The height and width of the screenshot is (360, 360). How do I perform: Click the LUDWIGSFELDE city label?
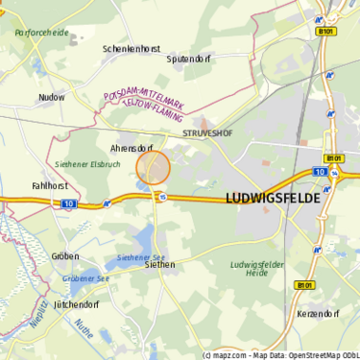(x=273, y=198)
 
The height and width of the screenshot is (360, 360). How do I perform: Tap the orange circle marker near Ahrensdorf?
(x=154, y=168)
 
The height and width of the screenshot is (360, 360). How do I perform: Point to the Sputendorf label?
(x=187, y=59)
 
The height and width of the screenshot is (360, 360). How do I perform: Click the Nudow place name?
(x=51, y=97)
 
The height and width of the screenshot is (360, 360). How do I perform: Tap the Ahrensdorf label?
(x=132, y=149)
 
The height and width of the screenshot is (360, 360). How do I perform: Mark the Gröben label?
(x=65, y=256)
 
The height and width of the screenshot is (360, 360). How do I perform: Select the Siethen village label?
(x=158, y=265)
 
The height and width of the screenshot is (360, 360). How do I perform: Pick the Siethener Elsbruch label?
(x=85, y=164)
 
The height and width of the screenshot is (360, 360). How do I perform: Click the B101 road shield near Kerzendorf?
(x=304, y=285)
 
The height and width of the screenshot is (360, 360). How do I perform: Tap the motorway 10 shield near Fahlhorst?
(x=68, y=204)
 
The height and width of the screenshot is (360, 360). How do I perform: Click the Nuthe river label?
(x=84, y=335)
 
